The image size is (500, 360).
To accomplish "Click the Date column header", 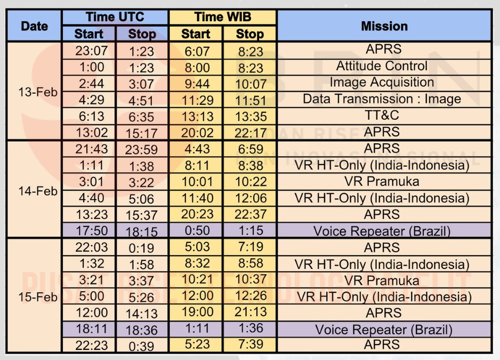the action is tap(34, 26).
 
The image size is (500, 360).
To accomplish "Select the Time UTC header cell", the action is tap(115, 17).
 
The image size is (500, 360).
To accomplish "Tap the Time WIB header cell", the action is tap(223, 17).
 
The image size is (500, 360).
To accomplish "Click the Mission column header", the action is tap(384, 26).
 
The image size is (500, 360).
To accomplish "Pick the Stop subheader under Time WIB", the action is tap(249, 34).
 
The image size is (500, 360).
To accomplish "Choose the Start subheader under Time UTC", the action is tap(88, 34).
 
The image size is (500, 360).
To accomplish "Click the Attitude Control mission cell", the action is tap(384, 67).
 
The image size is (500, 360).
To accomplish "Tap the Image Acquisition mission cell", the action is tap(384, 83).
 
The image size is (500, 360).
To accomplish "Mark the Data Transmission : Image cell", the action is tap(384, 100).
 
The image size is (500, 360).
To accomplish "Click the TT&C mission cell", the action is tap(384, 116).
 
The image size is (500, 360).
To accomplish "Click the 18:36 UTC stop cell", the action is tap(142, 330).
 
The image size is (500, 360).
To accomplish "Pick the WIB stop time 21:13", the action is tap(249, 312).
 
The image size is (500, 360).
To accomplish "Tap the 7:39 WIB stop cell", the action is tap(249, 345).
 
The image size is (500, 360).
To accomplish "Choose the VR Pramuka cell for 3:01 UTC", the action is tap(384, 182).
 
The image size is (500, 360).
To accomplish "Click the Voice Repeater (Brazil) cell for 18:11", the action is tap(384, 330).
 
